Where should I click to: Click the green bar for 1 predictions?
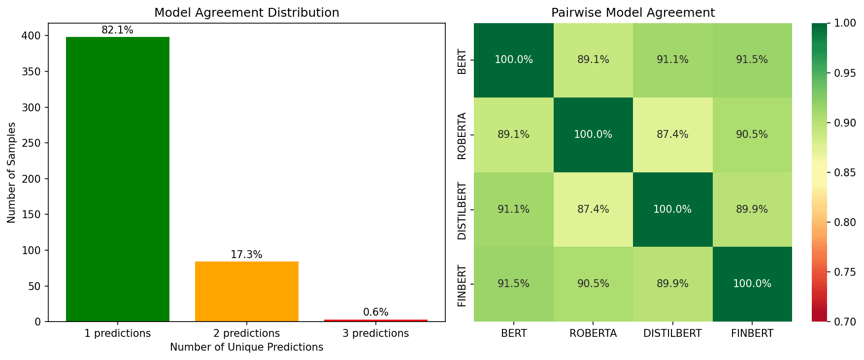click(x=117, y=179)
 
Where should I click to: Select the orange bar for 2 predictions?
click(x=246, y=292)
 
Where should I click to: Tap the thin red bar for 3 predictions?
click(x=375, y=321)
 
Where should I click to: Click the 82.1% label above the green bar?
click(x=117, y=30)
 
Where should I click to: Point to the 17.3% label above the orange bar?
click(x=246, y=255)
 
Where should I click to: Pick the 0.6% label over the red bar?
click(x=375, y=312)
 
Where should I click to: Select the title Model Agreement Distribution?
click(x=246, y=13)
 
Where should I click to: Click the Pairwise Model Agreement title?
click(x=632, y=13)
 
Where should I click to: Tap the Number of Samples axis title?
click(x=12, y=172)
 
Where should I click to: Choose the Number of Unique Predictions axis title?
click(x=246, y=347)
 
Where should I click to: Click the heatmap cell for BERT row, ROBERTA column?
click(x=593, y=60)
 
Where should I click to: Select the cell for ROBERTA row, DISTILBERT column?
click(x=672, y=134)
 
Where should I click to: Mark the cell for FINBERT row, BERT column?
click(x=513, y=284)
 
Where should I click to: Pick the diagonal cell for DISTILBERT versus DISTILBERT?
click(x=672, y=209)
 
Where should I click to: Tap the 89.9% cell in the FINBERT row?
click(x=672, y=284)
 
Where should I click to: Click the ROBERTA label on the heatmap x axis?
click(x=593, y=333)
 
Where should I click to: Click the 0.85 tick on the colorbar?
click(x=845, y=172)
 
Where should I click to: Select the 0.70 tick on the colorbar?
click(x=845, y=322)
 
